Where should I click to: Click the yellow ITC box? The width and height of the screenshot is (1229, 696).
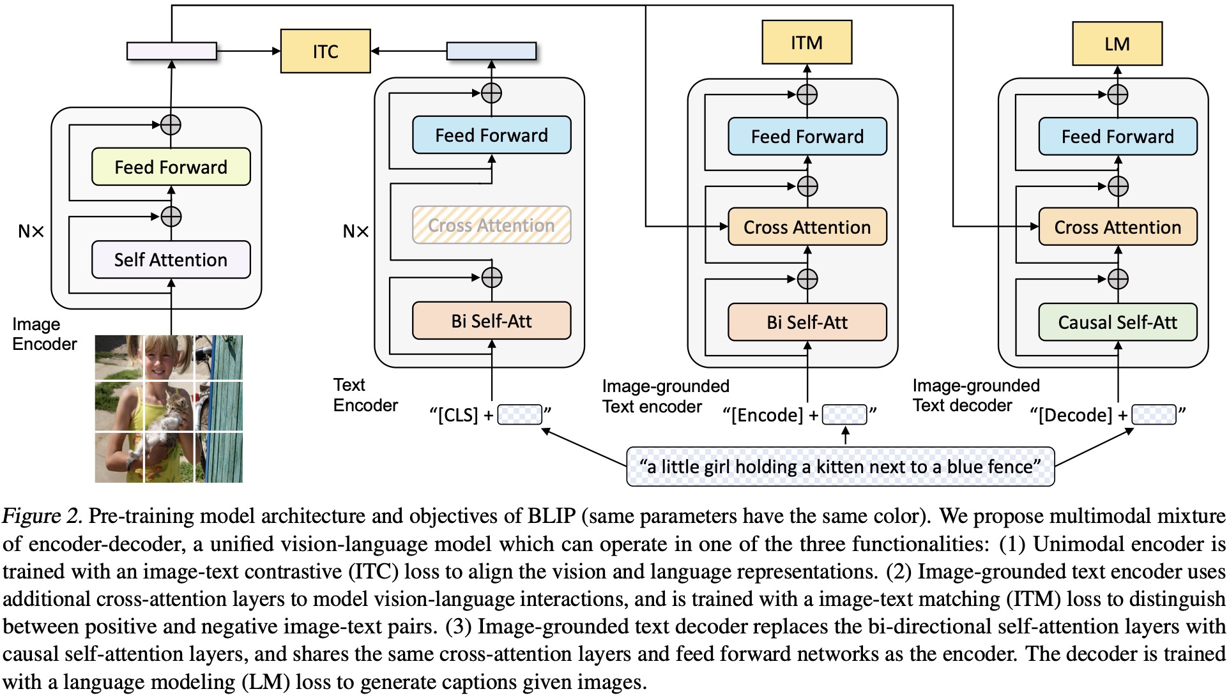coord(325,51)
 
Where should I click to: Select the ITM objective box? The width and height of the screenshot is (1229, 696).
coord(807,42)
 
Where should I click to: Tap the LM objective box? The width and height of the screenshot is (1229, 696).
coord(1117,43)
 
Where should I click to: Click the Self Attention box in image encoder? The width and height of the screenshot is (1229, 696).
coord(171,260)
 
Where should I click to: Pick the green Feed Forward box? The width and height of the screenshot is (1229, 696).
coord(171,167)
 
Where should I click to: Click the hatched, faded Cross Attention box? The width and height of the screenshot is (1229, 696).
coord(491,225)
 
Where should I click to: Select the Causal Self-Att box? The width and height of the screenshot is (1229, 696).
coord(1118,322)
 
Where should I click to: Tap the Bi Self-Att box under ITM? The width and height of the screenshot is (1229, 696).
coord(807,322)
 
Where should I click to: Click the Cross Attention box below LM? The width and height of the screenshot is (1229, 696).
coord(1118,227)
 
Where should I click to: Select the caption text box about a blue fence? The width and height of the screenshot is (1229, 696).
coord(840,467)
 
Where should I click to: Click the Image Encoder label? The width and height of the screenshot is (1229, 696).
coord(44,334)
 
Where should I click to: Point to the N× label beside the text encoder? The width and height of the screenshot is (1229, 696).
coord(356,231)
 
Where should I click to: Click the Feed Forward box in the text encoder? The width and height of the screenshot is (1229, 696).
coord(491,135)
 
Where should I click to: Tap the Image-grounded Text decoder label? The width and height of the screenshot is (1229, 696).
coord(976,395)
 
